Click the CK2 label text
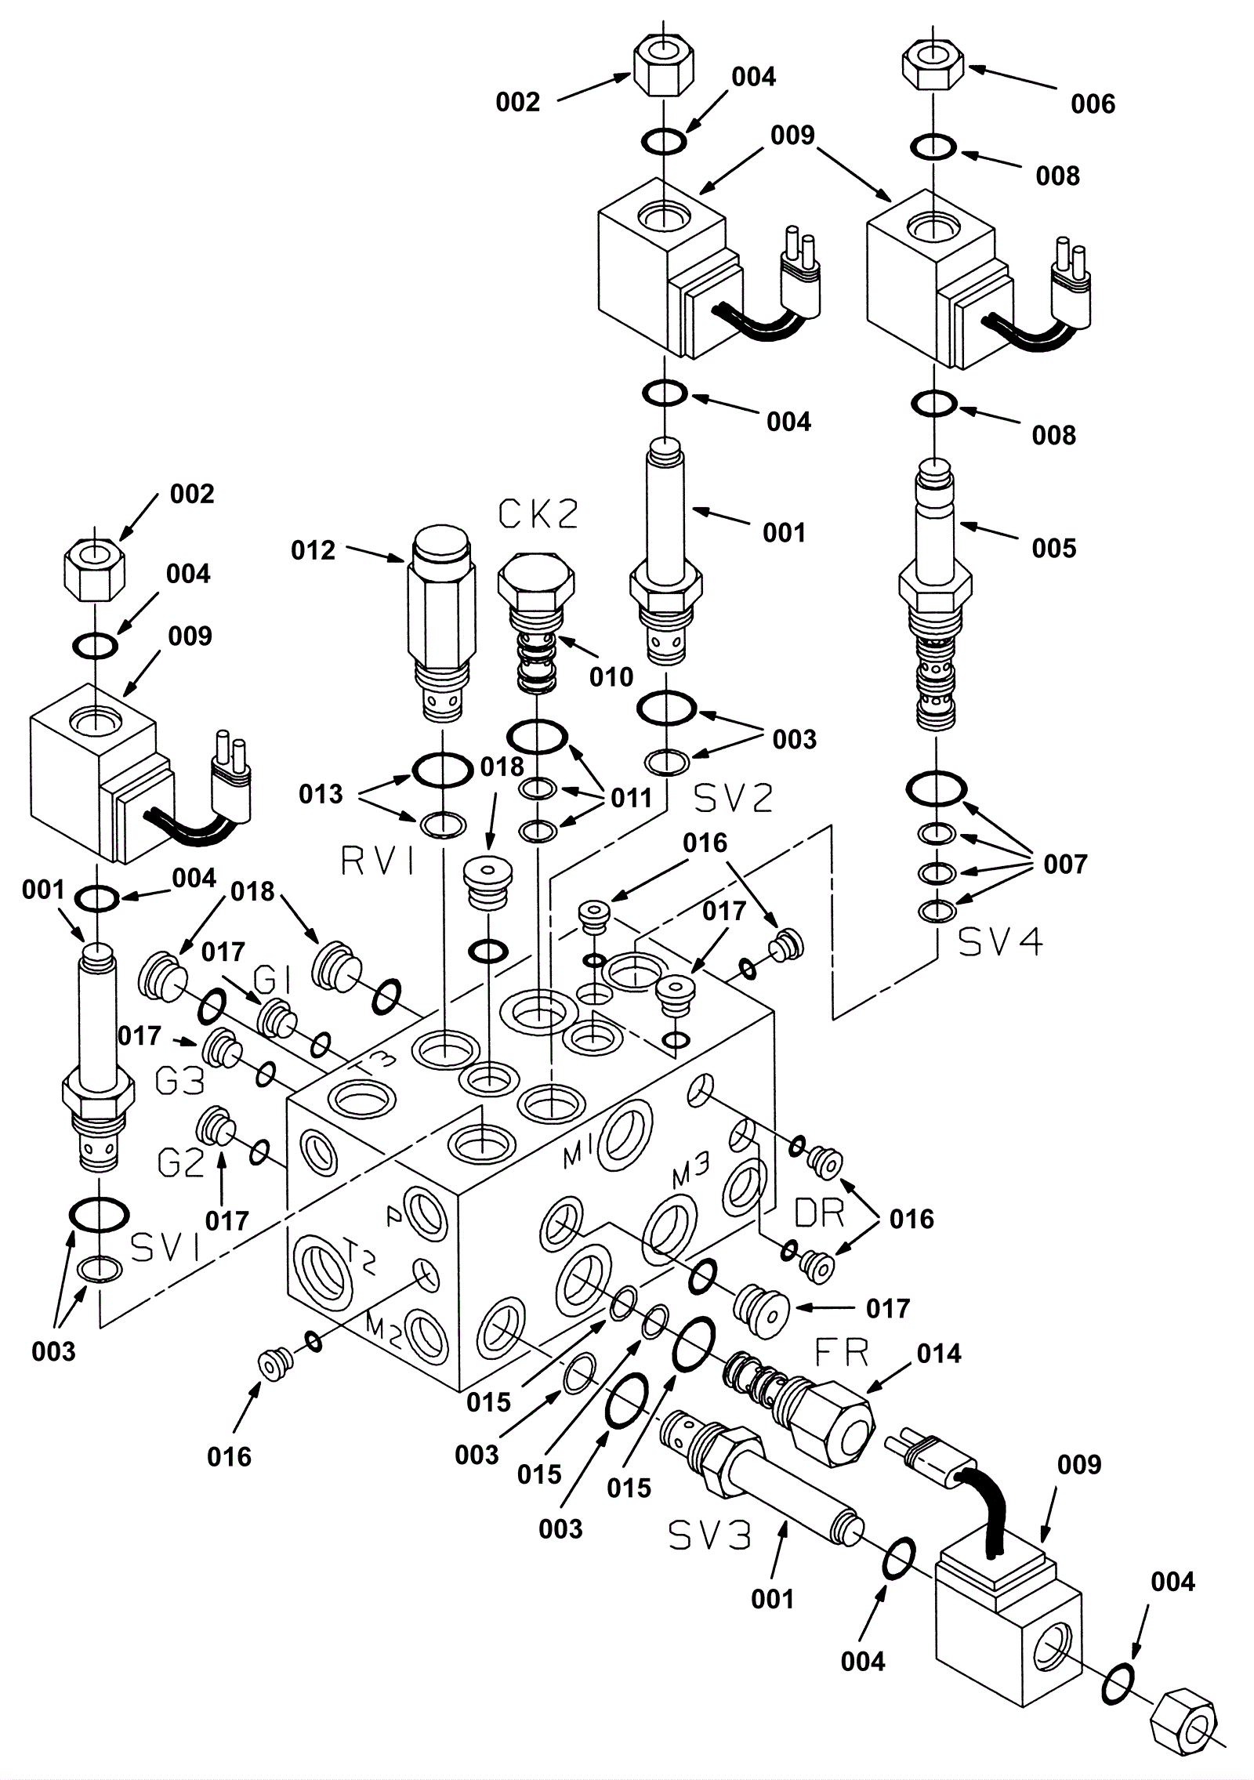point(538,514)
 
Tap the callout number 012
point(313,551)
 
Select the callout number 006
point(1093,103)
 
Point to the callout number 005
point(1054,548)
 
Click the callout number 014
point(939,1354)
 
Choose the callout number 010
point(611,676)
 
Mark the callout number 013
point(321,794)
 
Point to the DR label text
point(819,1213)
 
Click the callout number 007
point(1065,865)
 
